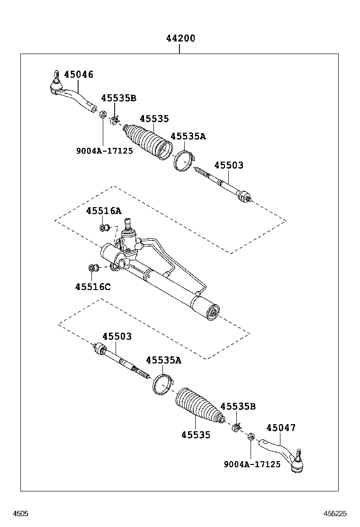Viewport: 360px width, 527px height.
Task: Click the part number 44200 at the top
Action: pos(180,38)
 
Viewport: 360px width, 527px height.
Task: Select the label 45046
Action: pos(79,74)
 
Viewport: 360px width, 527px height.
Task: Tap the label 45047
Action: pos(281,428)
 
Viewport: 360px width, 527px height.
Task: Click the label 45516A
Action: pos(104,211)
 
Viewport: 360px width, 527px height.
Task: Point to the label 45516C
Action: pos(93,287)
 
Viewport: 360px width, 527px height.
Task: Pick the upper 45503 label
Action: pos(229,165)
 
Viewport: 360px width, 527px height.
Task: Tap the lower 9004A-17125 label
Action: pos(252,464)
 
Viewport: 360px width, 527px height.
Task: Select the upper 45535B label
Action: pos(118,98)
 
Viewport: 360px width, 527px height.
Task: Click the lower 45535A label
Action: pos(163,360)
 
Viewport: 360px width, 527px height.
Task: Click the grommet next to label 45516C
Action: pos(93,269)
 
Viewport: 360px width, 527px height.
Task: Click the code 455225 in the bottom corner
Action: pos(335,513)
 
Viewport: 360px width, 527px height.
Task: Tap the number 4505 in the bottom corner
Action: pos(20,513)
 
